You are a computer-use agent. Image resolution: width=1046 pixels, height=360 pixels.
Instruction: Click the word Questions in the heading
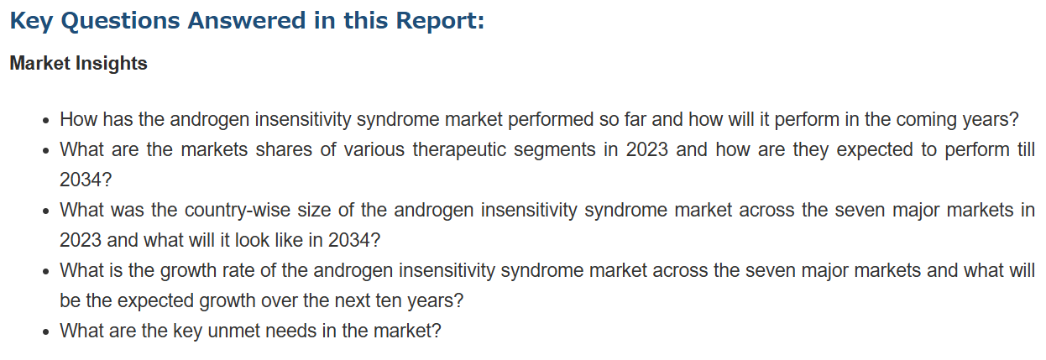pyautogui.click(x=121, y=21)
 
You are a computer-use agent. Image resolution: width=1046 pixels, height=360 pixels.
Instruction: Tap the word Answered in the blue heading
pyautogui.click(x=247, y=20)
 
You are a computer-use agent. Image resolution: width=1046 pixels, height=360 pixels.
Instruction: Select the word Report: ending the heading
pyautogui.click(x=441, y=21)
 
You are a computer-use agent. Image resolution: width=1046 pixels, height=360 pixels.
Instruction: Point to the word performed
pyautogui.click(x=551, y=119)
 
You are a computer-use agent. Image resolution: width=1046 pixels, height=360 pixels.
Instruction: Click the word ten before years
pyautogui.click(x=389, y=300)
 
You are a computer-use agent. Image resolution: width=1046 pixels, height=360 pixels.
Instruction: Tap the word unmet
pyautogui.click(x=235, y=331)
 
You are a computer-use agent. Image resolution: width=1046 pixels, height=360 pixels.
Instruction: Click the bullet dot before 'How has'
pyautogui.click(x=45, y=121)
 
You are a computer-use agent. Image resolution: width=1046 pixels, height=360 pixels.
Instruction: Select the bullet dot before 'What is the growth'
pyautogui.click(x=45, y=272)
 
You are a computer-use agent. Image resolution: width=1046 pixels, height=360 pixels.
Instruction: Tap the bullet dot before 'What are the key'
pyautogui.click(x=45, y=332)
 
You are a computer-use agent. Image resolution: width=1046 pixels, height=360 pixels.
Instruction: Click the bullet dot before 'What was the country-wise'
pyautogui.click(x=45, y=211)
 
